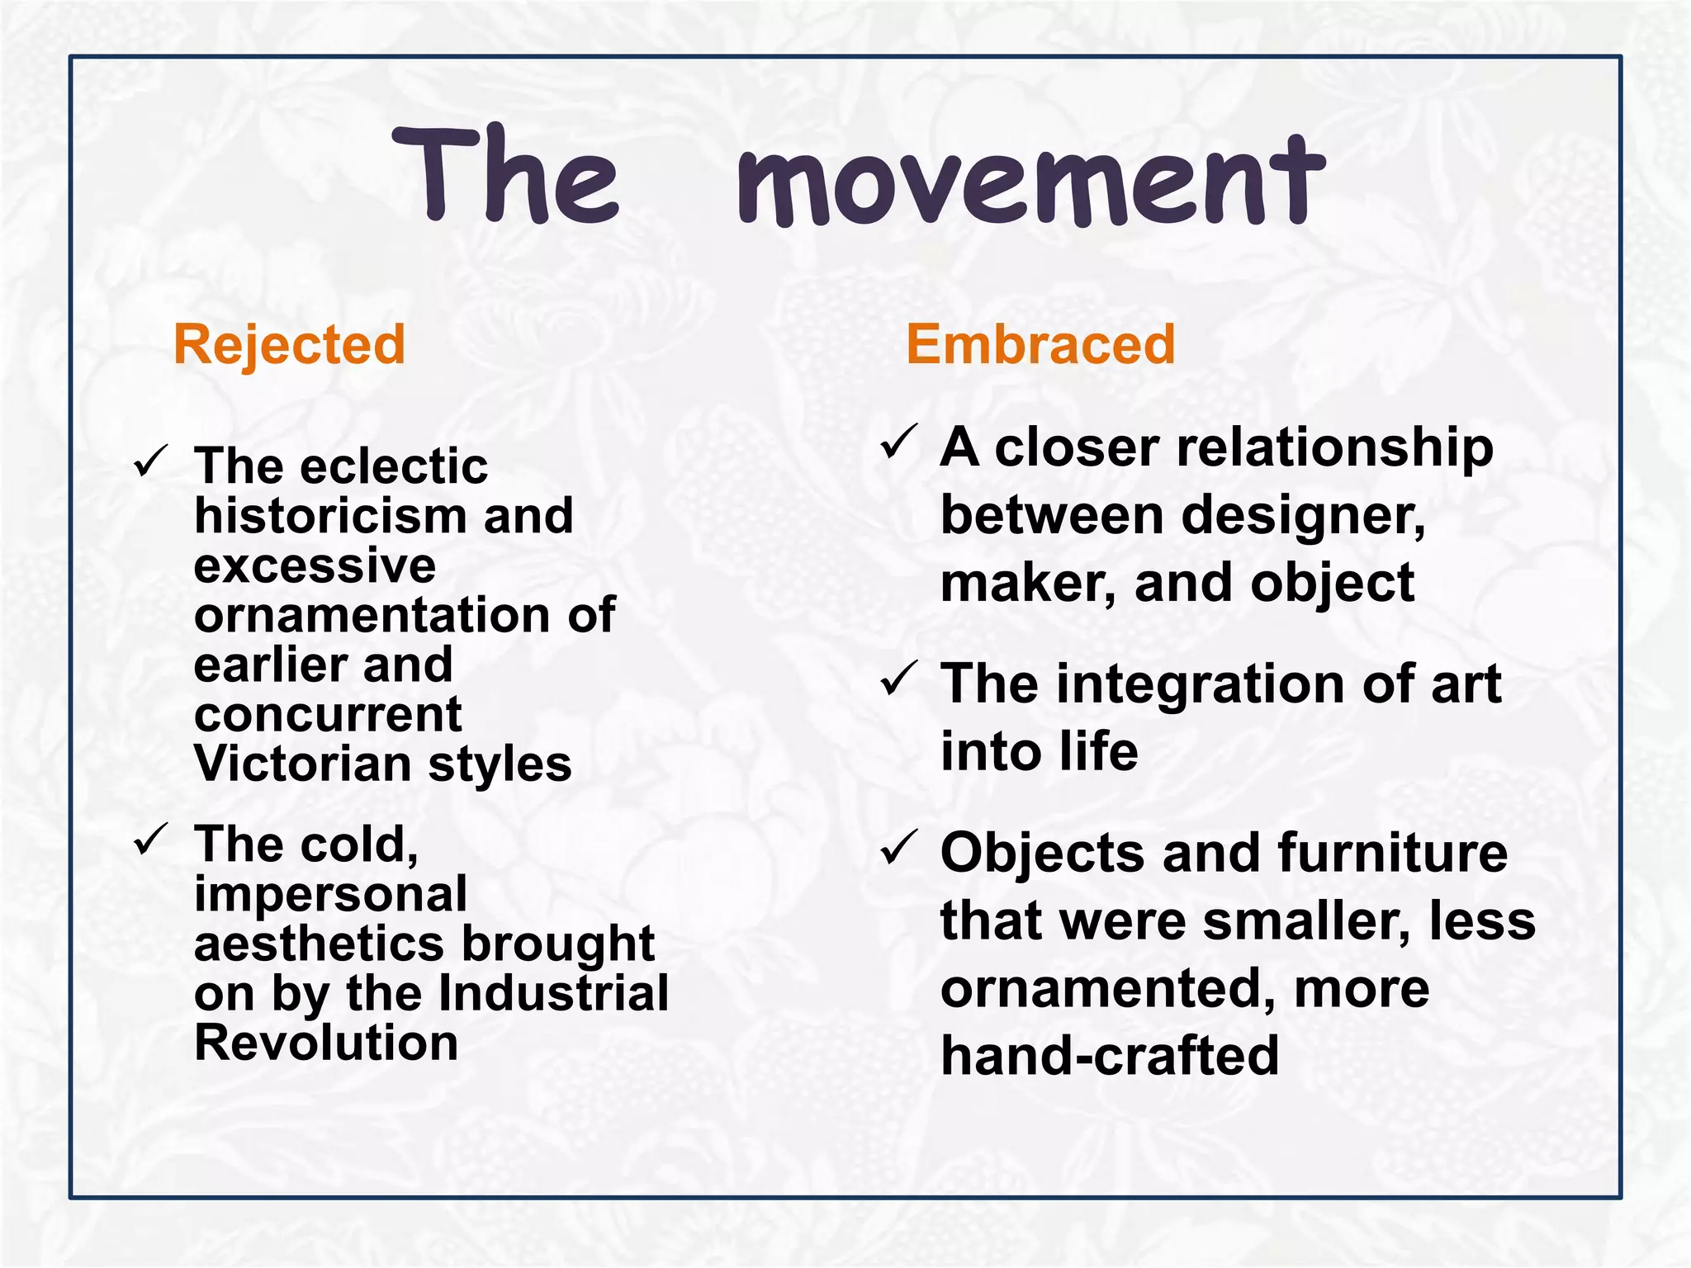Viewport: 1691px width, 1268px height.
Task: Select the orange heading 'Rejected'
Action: pyautogui.click(x=289, y=344)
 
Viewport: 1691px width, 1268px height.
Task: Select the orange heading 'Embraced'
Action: pyautogui.click(x=1040, y=344)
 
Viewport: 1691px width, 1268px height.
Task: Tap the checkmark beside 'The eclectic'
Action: pyautogui.click(x=150, y=461)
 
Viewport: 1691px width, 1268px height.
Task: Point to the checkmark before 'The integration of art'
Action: pyautogui.click(x=898, y=679)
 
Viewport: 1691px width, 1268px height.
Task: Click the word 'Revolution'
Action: pyautogui.click(x=326, y=1043)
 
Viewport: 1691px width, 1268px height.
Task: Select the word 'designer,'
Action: pyautogui.click(x=1303, y=518)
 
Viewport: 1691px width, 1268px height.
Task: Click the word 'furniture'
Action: pyautogui.click(x=1392, y=853)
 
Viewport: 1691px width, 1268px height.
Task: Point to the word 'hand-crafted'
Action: pyautogui.click(x=1110, y=1057)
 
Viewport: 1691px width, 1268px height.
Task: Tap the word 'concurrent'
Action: pyautogui.click(x=328, y=715)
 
